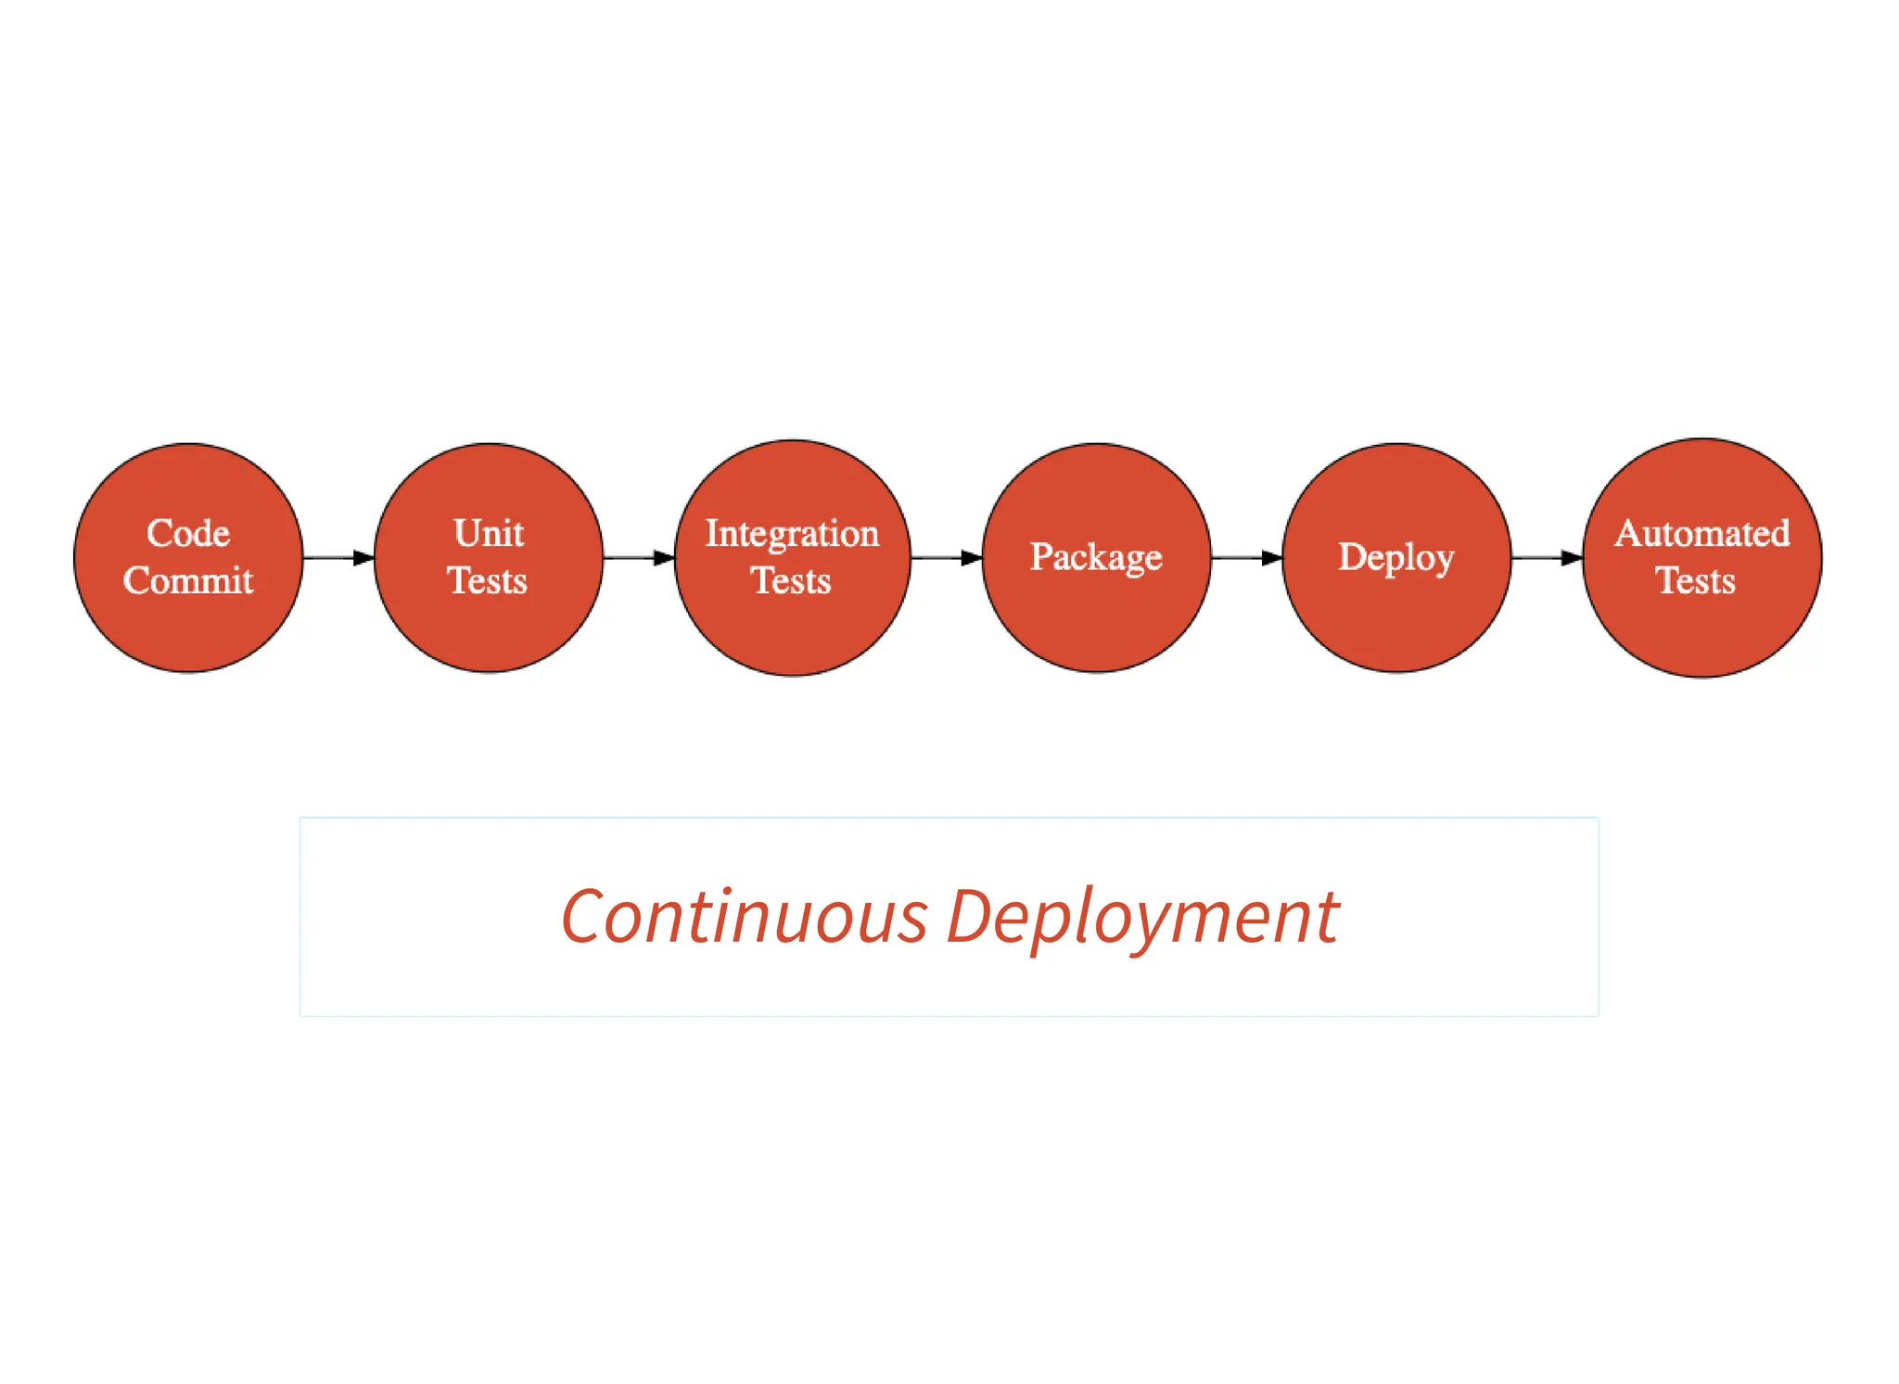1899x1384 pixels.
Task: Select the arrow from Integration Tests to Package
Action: click(x=946, y=558)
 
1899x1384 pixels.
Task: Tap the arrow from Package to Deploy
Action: click(x=1246, y=558)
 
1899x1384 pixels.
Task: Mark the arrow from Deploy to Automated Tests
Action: click(x=1547, y=558)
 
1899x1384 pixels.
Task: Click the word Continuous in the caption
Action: click(x=744, y=917)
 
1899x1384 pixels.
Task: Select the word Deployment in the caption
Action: click(x=1142, y=917)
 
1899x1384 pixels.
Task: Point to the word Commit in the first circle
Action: click(x=188, y=581)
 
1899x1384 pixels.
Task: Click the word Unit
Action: click(x=489, y=533)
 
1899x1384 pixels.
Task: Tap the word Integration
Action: click(x=792, y=533)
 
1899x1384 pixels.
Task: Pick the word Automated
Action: click(x=1702, y=533)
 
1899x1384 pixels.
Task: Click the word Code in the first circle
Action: click(x=188, y=533)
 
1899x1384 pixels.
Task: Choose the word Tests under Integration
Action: click(x=790, y=581)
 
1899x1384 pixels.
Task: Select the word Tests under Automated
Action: click(x=1695, y=581)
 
